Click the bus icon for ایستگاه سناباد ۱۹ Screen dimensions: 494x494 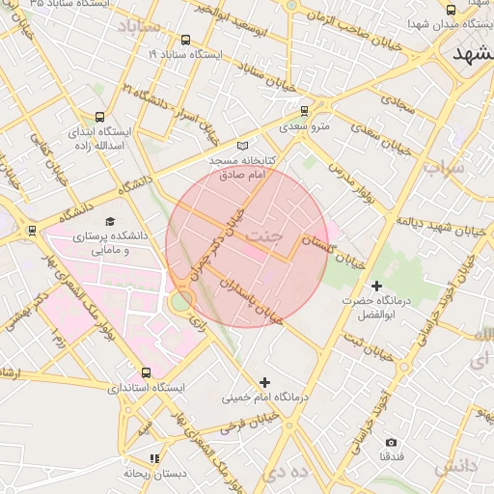coord(185,41)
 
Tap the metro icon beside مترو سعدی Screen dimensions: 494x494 coord(305,111)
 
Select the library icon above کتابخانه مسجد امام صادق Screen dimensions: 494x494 coord(242,145)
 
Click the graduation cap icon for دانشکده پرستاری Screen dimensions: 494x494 coord(108,221)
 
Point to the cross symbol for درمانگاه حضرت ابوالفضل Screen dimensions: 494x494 coord(376,286)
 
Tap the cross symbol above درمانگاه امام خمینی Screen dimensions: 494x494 coord(265,382)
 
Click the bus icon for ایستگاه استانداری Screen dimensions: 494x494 coord(146,371)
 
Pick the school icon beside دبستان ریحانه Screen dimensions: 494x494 coord(153,458)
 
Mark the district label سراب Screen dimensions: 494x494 coord(443,168)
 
